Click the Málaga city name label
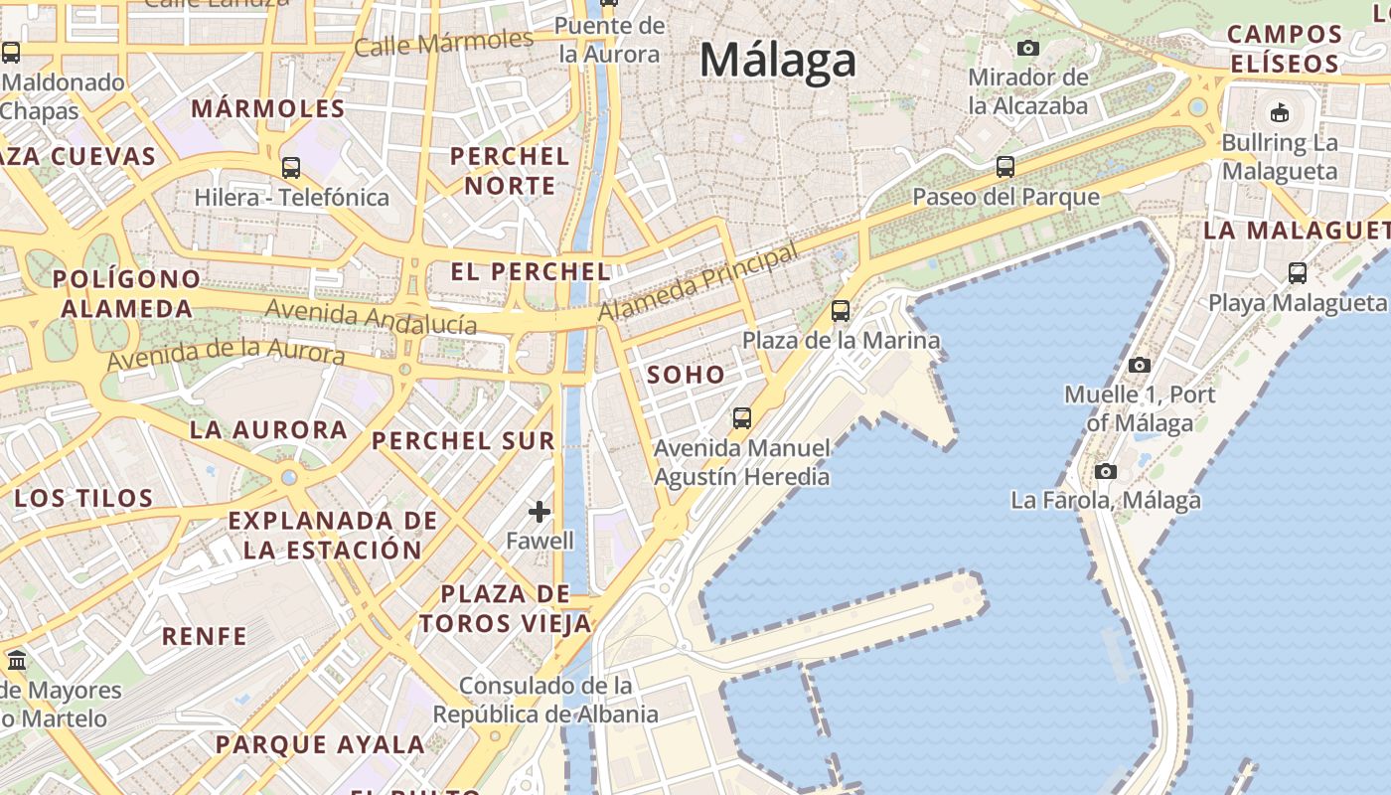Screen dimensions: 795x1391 777,60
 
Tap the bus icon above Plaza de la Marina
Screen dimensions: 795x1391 841,311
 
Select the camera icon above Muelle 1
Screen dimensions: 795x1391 1140,366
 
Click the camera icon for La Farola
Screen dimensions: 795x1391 1105,472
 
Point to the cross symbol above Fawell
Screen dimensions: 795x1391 540,512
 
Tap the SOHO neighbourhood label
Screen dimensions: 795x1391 686,376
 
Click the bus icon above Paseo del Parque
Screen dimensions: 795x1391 1005,167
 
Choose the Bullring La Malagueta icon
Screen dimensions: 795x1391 1280,112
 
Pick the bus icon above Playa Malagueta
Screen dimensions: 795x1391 1297,272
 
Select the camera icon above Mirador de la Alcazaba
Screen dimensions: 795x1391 1028,48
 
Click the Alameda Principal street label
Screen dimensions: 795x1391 698,283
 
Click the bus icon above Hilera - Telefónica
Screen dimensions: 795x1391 291,167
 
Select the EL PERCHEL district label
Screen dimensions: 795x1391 530,271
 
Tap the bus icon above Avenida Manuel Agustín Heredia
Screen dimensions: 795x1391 741,417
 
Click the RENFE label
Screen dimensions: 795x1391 204,636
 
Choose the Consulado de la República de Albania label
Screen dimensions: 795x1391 545,700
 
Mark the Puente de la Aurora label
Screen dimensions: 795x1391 610,40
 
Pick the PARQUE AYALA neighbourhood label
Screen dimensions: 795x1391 320,744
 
